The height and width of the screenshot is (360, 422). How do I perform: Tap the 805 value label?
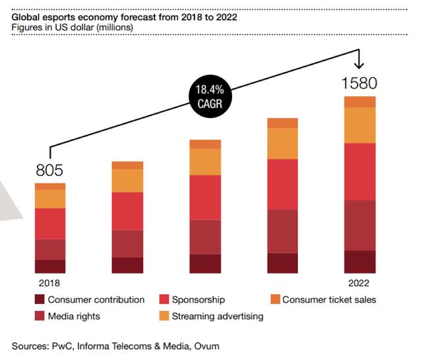pos(50,171)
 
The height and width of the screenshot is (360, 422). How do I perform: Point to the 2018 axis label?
pos(50,282)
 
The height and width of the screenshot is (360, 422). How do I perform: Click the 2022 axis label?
pos(360,282)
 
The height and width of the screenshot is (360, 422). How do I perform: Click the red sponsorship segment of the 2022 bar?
pos(360,171)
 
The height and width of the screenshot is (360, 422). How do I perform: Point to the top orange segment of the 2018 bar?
pos(50,187)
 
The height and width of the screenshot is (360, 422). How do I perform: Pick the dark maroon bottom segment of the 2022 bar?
pos(360,262)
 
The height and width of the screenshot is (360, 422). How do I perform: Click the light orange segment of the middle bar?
pos(205,162)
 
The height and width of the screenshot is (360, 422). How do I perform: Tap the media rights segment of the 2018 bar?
pos(50,249)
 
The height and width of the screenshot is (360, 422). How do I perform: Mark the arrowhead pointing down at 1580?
pos(359,65)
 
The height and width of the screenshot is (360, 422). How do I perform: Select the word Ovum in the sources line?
pos(206,345)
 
